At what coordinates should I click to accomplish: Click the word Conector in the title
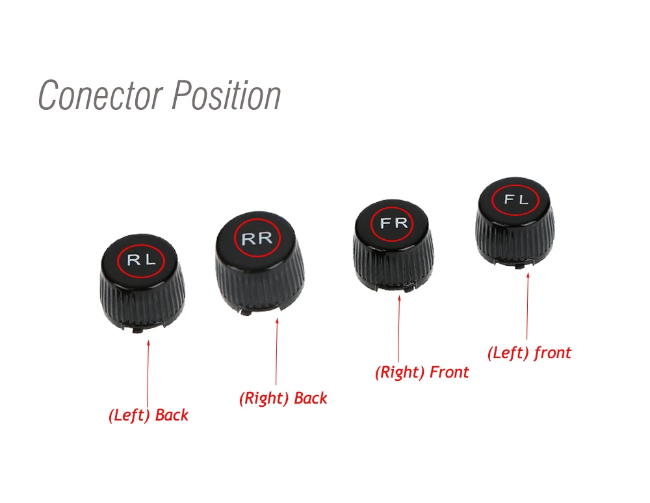click(100, 95)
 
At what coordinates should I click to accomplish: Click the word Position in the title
click(226, 95)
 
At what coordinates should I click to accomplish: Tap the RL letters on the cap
click(141, 261)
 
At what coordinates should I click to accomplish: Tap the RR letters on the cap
click(257, 239)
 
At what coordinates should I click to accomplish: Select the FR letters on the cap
click(394, 224)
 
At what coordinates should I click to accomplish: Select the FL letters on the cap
click(517, 200)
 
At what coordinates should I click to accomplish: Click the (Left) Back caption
click(148, 415)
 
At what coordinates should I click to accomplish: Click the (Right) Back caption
click(283, 398)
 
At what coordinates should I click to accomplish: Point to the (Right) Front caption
click(422, 372)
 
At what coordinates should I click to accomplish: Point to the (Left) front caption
click(529, 353)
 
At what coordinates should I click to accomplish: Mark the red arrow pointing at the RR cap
click(277, 351)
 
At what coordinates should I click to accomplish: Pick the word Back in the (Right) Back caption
click(311, 398)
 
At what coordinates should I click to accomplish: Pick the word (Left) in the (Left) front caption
click(508, 353)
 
